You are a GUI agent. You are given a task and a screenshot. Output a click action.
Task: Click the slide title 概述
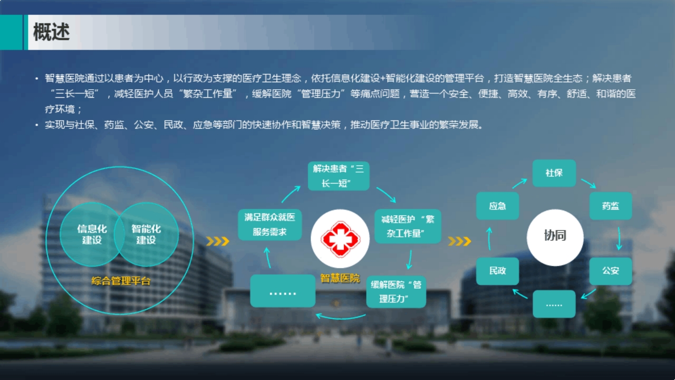click(51, 32)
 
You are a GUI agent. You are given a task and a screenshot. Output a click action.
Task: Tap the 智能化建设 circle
click(147, 234)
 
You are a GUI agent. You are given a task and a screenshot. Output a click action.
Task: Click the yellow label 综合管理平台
click(121, 281)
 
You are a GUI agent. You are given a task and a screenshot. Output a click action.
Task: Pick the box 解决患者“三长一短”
click(339, 176)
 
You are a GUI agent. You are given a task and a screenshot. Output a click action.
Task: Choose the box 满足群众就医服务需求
click(269, 225)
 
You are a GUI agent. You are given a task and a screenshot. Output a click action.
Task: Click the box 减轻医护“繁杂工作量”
click(408, 226)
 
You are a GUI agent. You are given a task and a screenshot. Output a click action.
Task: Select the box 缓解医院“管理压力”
click(396, 292)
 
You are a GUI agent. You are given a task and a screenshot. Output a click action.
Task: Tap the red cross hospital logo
click(340, 239)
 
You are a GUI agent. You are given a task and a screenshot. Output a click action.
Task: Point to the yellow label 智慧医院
click(340, 278)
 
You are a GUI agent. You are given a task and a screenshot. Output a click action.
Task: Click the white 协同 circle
click(555, 237)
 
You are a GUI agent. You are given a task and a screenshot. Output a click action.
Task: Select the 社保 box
click(554, 173)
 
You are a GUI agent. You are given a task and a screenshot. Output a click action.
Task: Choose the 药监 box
click(611, 206)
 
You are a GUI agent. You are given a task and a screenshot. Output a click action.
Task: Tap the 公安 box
click(611, 271)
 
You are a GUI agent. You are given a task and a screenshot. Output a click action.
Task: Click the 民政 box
click(497, 271)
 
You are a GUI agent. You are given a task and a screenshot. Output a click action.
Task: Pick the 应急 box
click(497, 206)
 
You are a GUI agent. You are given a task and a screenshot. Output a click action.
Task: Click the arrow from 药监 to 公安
click(619, 239)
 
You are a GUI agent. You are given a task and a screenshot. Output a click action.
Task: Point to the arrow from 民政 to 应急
click(489, 239)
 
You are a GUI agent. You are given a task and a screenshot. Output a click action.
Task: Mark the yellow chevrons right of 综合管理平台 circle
click(218, 241)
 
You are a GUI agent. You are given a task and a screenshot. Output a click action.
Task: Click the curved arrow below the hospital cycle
click(341, 318)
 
